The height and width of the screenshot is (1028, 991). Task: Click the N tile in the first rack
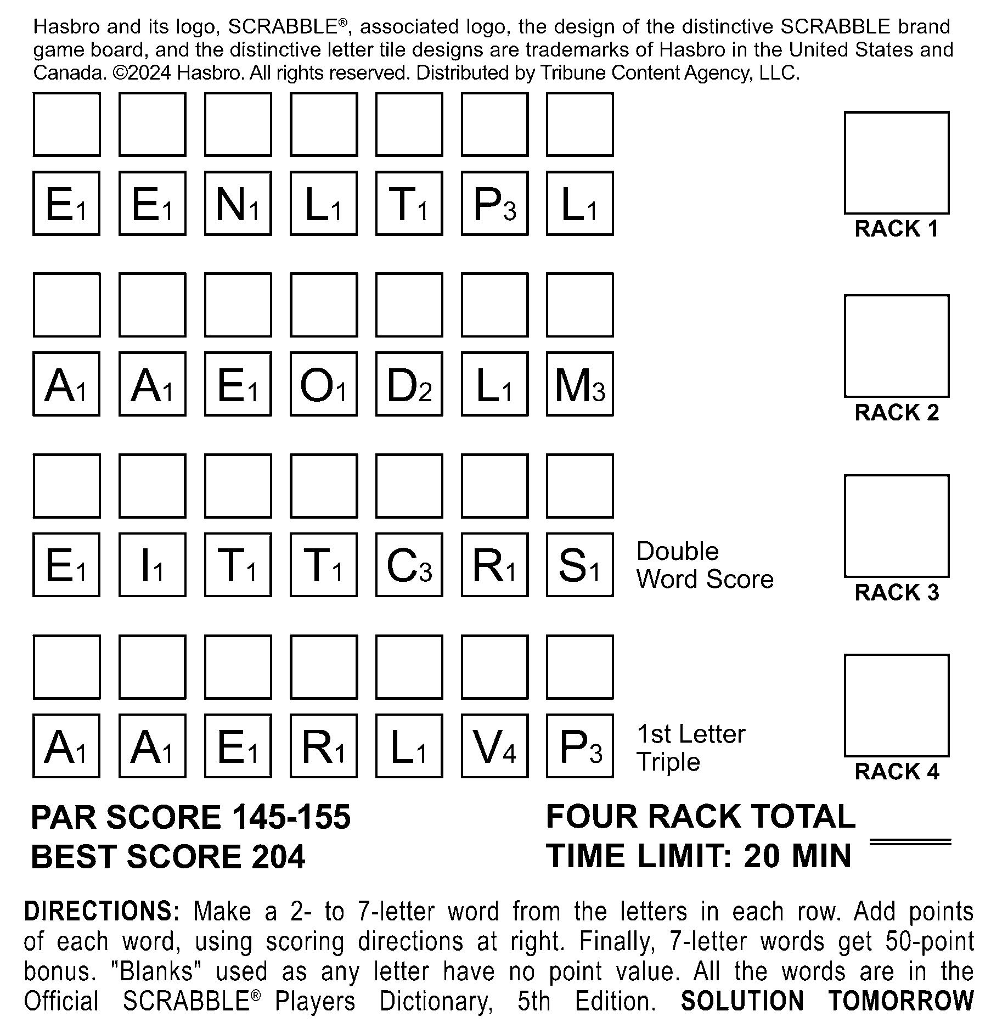(238, 204)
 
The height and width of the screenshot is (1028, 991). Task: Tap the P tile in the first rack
(494, 204)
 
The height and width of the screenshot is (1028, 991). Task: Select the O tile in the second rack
(323, 384)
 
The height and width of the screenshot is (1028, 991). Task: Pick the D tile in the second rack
(409, 384)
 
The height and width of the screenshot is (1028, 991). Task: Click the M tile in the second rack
(579, 384)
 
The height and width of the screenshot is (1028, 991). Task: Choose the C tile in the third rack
(409, 565)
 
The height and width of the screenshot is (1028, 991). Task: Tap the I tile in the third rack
(152, 565)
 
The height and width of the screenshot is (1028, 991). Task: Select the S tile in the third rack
(579, 565)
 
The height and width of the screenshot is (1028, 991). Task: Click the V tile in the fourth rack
(494, 746)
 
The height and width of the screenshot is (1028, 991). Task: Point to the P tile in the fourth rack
(579, 746)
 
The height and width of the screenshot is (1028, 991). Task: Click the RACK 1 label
(897, 229)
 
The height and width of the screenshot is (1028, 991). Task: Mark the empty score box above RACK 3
(897, 526)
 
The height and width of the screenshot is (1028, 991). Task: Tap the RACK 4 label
(897, 772)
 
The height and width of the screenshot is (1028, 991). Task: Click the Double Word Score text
(705, 565)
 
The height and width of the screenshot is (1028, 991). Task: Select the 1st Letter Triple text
(690, 748)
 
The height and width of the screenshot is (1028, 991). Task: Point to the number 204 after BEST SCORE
(278, 857)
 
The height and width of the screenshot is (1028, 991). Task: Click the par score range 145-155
(291, 817)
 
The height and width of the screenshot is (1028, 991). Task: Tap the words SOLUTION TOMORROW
(826, 1001)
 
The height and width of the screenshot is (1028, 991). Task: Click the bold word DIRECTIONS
(102, 912)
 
